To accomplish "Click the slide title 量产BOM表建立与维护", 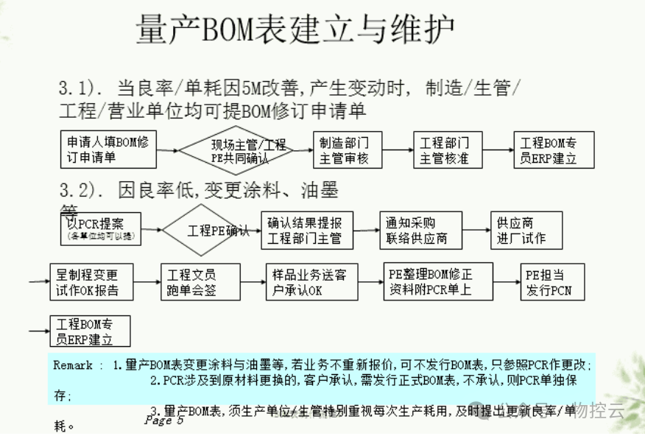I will (295, 31).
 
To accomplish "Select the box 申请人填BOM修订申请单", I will (107, 150).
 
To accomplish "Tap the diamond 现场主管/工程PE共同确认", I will (238, 150).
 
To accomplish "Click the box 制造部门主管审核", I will (344, 150).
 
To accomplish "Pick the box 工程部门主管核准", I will (444, 150).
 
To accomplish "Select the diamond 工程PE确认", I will (210, 230).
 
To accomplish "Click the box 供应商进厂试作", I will (526, 231).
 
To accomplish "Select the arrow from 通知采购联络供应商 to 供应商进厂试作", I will (476, 231).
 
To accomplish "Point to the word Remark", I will (73, 365).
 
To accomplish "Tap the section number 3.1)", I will (80, 89).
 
